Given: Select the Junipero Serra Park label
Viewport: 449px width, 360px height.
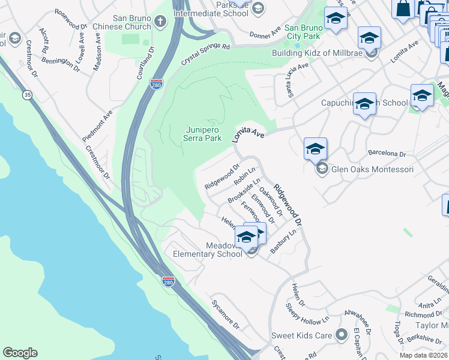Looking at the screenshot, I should tap(202, 133).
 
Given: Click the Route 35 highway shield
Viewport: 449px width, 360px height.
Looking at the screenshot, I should tap(27, 95).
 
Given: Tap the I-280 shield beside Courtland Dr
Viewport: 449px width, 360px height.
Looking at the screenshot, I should tap(156, 84).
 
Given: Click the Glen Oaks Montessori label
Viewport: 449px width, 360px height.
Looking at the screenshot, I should tap(372, 169).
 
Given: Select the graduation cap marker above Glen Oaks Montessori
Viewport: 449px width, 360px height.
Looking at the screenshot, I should tap(315, 148).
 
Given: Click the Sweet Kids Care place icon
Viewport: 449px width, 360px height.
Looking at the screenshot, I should tap(342, 334).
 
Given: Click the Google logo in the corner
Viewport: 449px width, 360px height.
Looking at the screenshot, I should tap(20, 353).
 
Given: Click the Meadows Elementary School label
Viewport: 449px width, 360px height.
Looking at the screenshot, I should tap(207, 250).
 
